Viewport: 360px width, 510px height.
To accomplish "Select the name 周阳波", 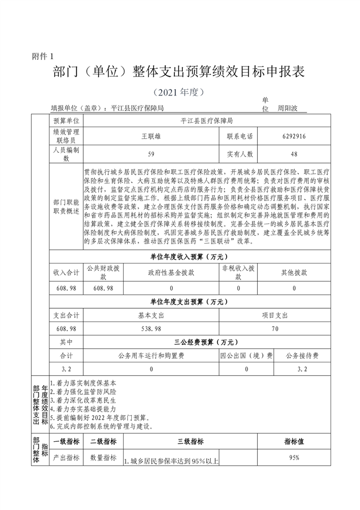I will [288, 107].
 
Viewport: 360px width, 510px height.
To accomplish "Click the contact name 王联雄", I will [151, 137].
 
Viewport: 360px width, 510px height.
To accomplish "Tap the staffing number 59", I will [151, 154].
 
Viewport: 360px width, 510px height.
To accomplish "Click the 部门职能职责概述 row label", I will [66, 207].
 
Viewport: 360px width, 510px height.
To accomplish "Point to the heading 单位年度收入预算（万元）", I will [190, 257].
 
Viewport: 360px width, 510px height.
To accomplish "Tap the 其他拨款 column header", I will [294, 273].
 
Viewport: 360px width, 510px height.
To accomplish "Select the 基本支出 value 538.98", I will [151, 329].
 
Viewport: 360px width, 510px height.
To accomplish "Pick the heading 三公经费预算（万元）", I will [190, 342].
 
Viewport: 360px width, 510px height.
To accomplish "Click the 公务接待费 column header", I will [302, 356].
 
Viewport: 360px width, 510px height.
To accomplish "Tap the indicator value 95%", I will [294, 457].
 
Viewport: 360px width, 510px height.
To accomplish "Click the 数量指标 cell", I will [103, 457].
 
